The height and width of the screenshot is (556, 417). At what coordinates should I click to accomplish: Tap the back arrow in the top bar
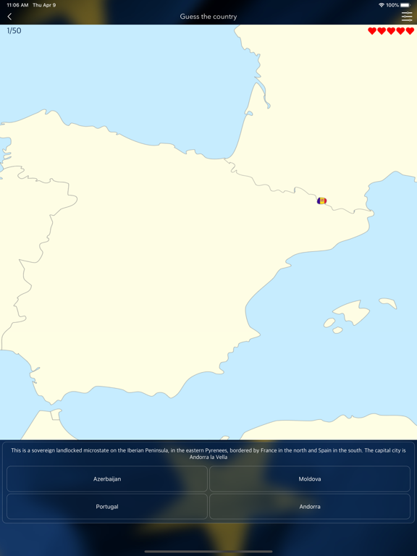(x=9, y=16)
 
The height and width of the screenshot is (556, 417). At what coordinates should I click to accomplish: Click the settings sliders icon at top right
(x=407, y=16)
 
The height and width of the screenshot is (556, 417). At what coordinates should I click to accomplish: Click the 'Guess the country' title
(x=208, y=16)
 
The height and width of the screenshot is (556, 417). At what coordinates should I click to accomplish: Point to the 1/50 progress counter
(x=14, y=31)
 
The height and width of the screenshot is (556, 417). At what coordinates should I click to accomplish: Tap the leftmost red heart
(x=372, y=31)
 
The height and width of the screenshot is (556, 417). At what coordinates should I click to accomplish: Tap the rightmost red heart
(x=410, y=31)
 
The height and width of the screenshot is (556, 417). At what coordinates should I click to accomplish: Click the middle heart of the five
(x=391, y=31)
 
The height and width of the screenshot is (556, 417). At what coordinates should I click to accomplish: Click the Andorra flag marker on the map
(x=321, y=201)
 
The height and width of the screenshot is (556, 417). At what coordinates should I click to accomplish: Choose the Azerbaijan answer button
(x=107, y=479)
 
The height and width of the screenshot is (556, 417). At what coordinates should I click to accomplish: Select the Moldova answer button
(x=310, y=479)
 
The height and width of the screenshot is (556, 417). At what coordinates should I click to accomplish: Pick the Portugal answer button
(x=107, y=507)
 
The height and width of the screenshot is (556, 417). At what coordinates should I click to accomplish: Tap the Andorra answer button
(x=310, y=507)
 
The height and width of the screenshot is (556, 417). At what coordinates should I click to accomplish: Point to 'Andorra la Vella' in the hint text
(x=208, y=457)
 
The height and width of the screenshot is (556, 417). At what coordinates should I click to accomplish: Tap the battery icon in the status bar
(x=405, y=5)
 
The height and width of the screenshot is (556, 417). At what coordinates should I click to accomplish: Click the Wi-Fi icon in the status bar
(x=381, y=5)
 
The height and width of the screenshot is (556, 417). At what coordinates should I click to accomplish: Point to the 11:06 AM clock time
(x=17, y=5)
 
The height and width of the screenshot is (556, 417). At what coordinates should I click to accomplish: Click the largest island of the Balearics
(x=353, y=313)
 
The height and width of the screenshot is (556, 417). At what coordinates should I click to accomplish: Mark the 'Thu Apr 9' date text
(x=43, y=5)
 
